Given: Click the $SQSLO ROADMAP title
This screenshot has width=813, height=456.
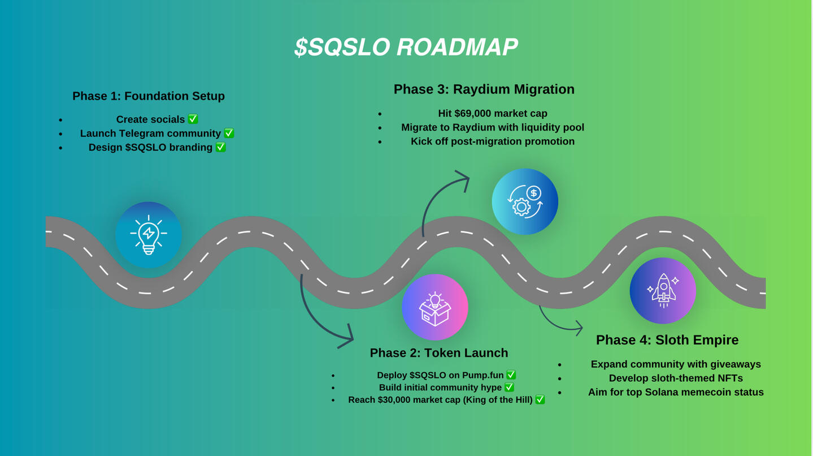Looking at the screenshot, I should click(406, 47).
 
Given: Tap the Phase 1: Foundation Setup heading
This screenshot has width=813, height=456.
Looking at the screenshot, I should click(149, 96).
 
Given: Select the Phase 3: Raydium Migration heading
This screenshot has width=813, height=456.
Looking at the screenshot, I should click(484, 89).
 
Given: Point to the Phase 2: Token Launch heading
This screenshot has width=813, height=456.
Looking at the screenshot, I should click(438, 353).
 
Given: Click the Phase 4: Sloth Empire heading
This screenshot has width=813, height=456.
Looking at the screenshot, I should click(667, 340).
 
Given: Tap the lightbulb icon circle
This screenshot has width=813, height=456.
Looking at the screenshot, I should click(149, 235).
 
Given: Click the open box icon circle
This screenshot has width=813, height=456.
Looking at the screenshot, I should click(435, 307).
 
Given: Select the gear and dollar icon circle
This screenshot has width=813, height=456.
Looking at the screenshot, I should click(525, 201).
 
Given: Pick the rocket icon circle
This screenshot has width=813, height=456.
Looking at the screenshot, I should click(663, 291).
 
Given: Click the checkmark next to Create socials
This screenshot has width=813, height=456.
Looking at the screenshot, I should click(193, 119).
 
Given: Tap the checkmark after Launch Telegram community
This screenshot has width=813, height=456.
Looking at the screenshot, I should click(229, 134).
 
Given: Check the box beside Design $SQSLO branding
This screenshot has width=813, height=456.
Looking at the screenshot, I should click(220, 147).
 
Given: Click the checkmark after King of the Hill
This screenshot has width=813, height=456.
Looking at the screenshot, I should click(540, 400).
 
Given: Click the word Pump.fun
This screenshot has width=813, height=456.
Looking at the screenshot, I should click(483, 375).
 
